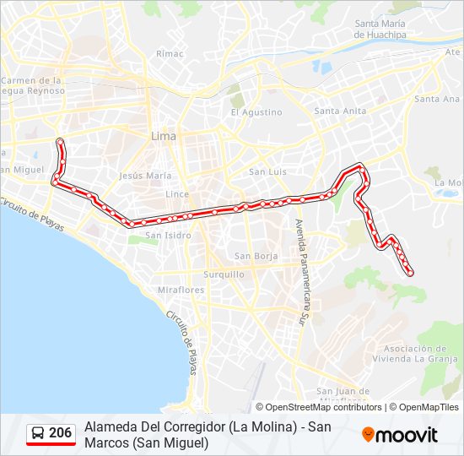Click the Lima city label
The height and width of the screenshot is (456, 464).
point(163,135)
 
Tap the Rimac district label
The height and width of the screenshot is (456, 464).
point(164,53)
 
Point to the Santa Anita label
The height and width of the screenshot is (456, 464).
point(340,111)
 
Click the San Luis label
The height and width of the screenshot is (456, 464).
point(267,171)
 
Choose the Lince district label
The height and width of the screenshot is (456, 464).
point(177,193)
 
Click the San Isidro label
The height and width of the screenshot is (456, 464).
point(168,236)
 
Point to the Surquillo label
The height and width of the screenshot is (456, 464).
point(224,274)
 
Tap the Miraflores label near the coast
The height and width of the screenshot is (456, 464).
point(181,290)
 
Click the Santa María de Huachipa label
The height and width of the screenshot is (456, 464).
point(380,29)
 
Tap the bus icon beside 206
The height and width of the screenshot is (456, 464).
point(38,434)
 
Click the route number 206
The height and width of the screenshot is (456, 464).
point(61,433)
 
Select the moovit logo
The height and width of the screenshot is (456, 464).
point(400,435)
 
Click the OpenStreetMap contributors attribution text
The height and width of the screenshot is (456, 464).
point(319,407)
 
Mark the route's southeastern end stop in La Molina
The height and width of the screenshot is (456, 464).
point(410,273)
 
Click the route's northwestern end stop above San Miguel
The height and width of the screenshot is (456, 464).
point(59,141)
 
